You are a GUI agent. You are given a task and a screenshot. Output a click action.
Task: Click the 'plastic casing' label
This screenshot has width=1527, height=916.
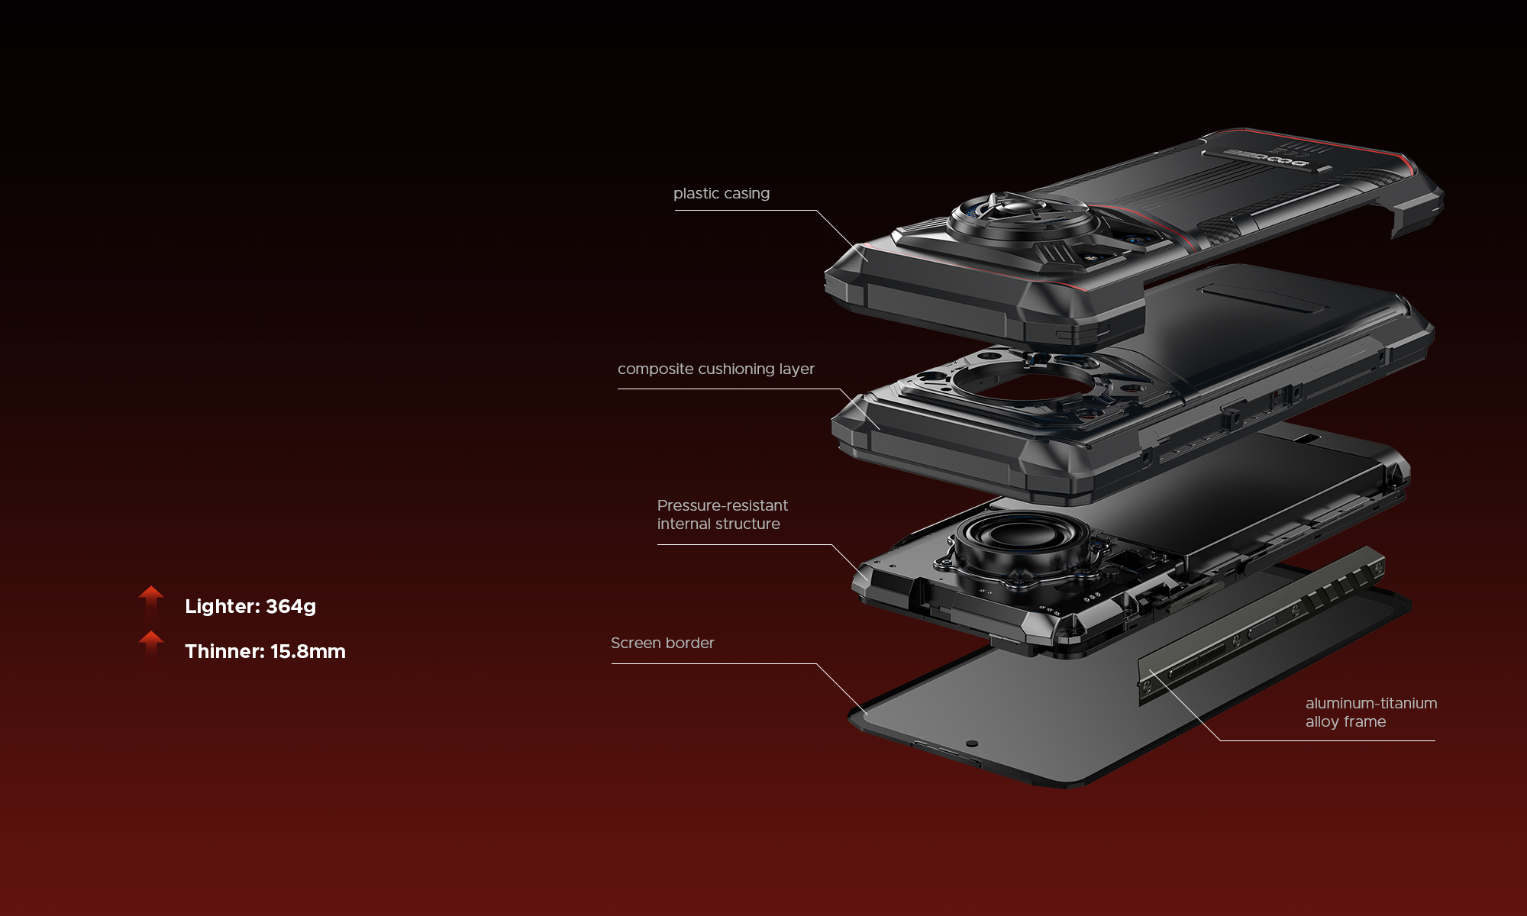[x=721, y=193]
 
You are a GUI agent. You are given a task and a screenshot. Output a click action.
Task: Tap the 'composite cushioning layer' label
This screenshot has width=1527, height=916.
[x=715, y=369]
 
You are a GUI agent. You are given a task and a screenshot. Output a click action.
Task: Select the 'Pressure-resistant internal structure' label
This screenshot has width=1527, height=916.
[x=722, y=514]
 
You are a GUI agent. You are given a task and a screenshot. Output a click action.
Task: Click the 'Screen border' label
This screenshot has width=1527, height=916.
[x=662, y=643]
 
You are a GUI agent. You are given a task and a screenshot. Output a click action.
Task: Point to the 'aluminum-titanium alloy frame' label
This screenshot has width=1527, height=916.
[x=1370, y=712]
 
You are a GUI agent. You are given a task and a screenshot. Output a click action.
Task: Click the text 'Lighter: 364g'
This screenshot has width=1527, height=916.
[x=250, y=606]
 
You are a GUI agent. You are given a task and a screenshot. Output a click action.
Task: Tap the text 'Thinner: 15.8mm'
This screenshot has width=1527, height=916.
[x=265, y=651]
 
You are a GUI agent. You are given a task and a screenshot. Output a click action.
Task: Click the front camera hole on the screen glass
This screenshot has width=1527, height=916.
[x=971, y=743]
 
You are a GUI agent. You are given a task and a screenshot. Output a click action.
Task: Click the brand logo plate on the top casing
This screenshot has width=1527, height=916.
[x=1267, y=158]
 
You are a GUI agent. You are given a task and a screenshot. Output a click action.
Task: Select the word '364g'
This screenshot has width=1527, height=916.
[x=291, y=606]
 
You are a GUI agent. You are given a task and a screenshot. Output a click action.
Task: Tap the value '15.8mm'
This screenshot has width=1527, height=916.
[x=308, y=651]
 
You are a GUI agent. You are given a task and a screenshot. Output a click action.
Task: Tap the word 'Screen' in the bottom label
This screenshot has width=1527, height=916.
[x=635, y=643]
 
